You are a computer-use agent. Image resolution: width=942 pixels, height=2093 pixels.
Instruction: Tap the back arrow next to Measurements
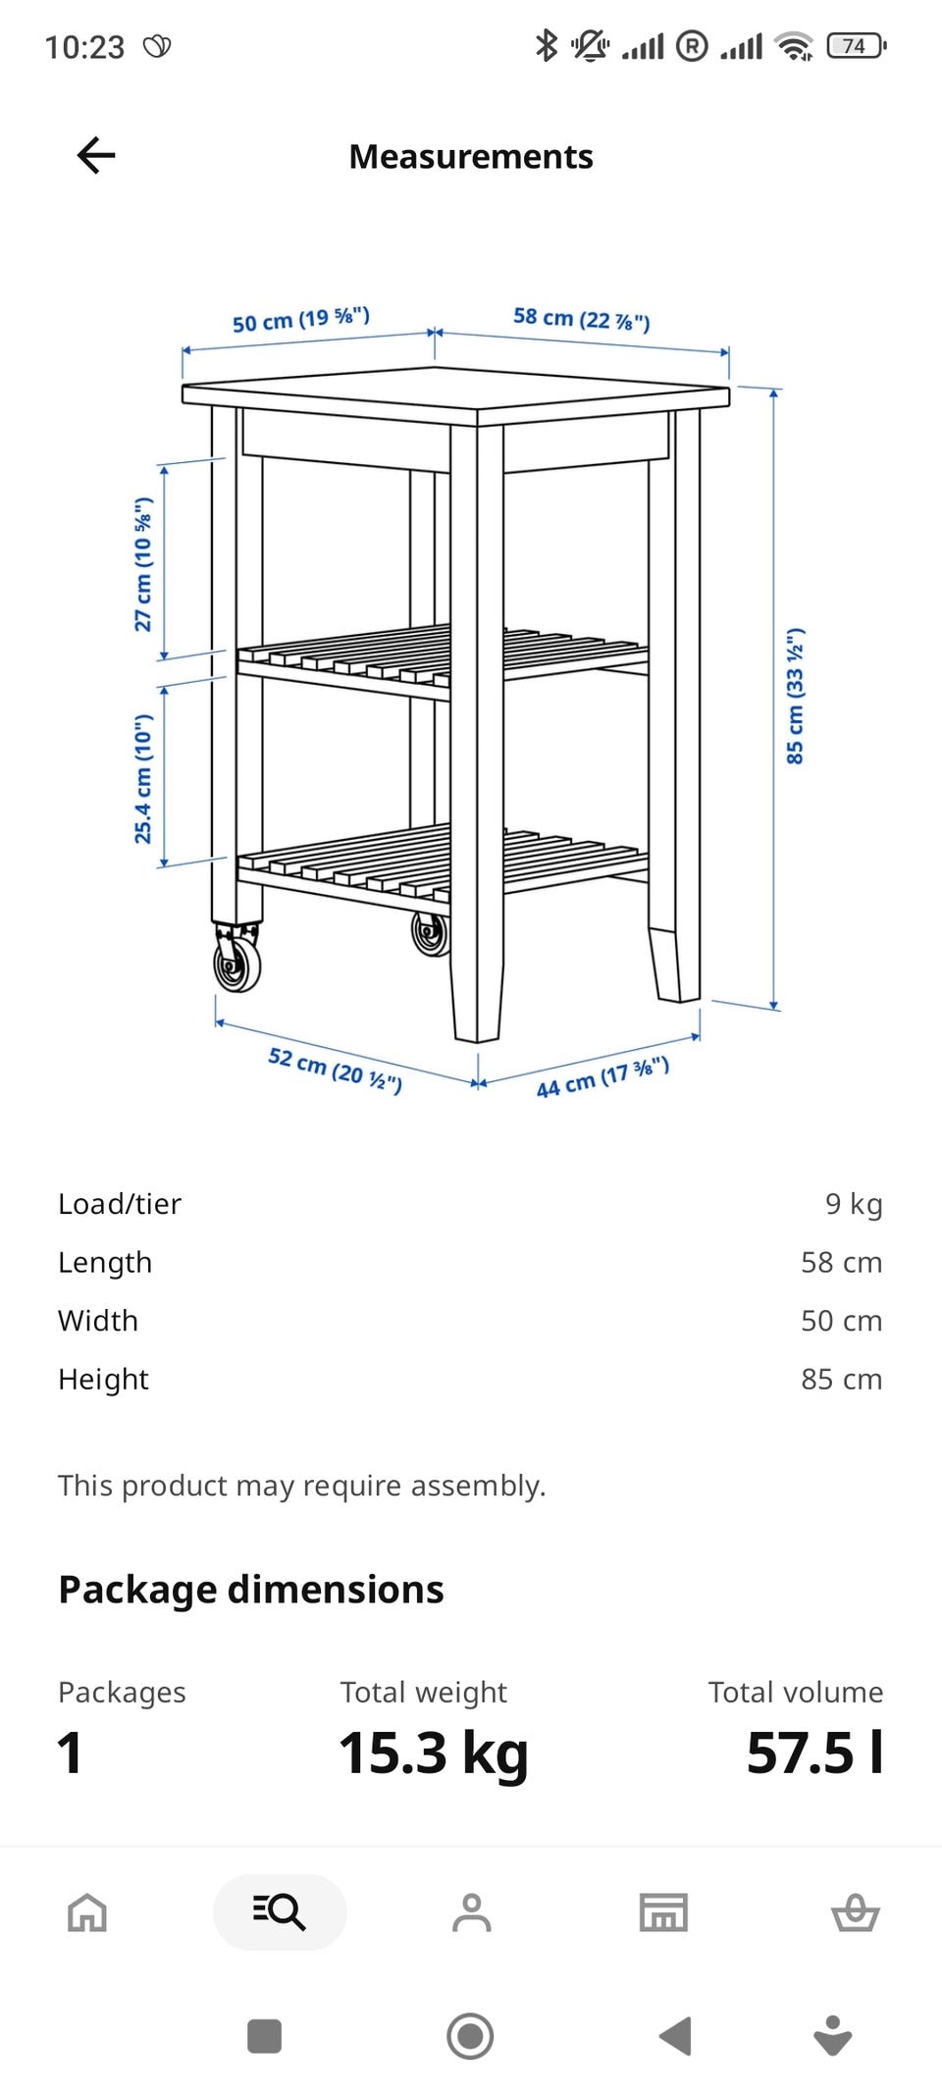point(96,155)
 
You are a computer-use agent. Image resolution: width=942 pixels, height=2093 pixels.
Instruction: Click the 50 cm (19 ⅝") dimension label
point(301,319)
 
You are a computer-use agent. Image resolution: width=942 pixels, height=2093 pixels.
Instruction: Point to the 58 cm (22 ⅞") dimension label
point(582,319)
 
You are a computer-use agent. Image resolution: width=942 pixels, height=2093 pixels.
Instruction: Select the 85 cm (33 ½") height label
point(795,696)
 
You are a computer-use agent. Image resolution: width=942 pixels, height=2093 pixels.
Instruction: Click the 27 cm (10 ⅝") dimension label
point(143,564)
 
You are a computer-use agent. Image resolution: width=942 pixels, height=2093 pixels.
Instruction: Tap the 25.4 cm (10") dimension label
point(143,779)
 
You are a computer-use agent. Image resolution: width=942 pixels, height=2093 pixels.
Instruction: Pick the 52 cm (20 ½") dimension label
point(335,1070)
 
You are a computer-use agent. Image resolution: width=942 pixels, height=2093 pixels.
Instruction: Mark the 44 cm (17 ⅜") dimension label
point(602,1076)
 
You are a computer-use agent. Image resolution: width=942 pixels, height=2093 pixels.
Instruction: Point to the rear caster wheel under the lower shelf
point(430,932)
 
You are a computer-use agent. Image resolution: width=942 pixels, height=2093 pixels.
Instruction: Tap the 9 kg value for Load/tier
point(854,1203)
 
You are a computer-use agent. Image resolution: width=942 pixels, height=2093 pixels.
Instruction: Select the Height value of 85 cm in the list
point(842,1379)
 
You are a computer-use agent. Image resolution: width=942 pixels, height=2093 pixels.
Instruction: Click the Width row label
point(98,1321)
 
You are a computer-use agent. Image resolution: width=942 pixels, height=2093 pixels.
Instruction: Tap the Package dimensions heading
point(251,1590)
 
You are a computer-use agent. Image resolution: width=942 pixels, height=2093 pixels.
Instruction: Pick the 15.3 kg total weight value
point(434,1753)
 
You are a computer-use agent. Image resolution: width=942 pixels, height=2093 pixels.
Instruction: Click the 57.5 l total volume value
point(814,1753)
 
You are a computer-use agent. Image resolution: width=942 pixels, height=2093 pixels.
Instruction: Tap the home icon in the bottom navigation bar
point(87,1911)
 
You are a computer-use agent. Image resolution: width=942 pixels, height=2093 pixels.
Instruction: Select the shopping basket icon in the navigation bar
point(856,1911)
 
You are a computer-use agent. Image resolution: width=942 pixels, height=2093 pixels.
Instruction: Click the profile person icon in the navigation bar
point(472,1911)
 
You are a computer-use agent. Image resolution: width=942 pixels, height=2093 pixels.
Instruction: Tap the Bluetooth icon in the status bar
point(547,45)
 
